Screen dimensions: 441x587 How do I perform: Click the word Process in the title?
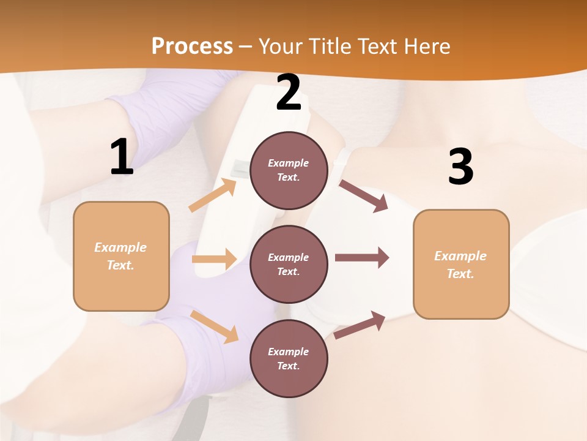(x=192, y=46)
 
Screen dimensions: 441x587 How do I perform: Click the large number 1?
(x=122, y=157)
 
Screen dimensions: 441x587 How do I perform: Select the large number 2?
(x=289, y=93)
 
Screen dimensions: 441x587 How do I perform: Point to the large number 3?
(x=460, y=167)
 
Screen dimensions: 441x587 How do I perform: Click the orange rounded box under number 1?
(x=121, y=256)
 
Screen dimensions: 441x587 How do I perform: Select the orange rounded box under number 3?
(x=461, y=264)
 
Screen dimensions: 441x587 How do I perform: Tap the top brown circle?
(x=289, y=170)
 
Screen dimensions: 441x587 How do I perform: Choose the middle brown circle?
(x=289, y=264)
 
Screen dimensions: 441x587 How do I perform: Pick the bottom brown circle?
(x=289, y=358)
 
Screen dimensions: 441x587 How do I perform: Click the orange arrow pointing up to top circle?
(x=213, y=195)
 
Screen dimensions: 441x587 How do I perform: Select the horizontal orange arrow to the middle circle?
(x=214, y=259)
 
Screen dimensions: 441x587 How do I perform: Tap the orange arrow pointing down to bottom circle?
(x=214, y=326)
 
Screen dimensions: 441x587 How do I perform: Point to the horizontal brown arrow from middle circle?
(x=362, y=258)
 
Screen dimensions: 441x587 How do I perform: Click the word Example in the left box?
(x=120, y=247)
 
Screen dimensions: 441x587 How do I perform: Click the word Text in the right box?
(x=460, y=274)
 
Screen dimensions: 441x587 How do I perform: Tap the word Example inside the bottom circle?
(x=289, y=352)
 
